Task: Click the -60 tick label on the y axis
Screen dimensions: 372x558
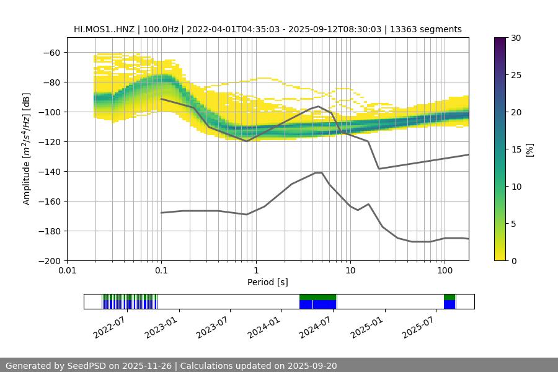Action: [52, 53]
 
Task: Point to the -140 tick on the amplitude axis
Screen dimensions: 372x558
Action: [50, 172]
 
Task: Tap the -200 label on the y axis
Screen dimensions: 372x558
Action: [50, 261]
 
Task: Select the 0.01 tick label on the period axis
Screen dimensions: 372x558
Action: [67, 271]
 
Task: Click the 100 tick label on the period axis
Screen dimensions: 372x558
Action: [444, 271]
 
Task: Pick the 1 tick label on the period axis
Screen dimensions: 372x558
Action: [255, 271]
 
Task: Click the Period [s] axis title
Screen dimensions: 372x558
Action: [267, 282]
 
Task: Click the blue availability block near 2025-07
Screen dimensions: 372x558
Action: [449, 304]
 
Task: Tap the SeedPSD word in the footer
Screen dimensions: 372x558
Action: [87, 366]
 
